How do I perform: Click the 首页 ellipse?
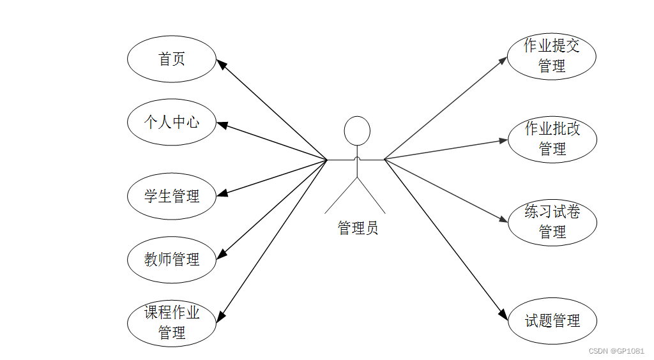[x=172, y=59]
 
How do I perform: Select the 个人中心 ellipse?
[x=172, y=122]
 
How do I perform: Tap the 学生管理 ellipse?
[x=172, y=196]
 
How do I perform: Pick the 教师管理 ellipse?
[x=172, y=259]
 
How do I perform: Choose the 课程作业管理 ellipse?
[x=172, y=322]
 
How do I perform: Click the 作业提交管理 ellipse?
[x=552, y=56]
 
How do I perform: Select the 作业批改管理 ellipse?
[x=552, y=139]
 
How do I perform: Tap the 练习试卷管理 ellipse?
[x=552, y=222]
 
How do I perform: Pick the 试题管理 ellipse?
[x=552, y=320]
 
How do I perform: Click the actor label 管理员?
[x=358, y=228]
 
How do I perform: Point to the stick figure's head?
[x=357, y=131]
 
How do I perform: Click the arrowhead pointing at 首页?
[x=221, y=64]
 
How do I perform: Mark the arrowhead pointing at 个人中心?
[x=222, y=124]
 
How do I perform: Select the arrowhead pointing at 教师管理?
[x=222, y=254]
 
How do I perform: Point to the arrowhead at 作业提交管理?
[x=503, y=59]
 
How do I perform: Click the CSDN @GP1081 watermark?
[x=616, y=351]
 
